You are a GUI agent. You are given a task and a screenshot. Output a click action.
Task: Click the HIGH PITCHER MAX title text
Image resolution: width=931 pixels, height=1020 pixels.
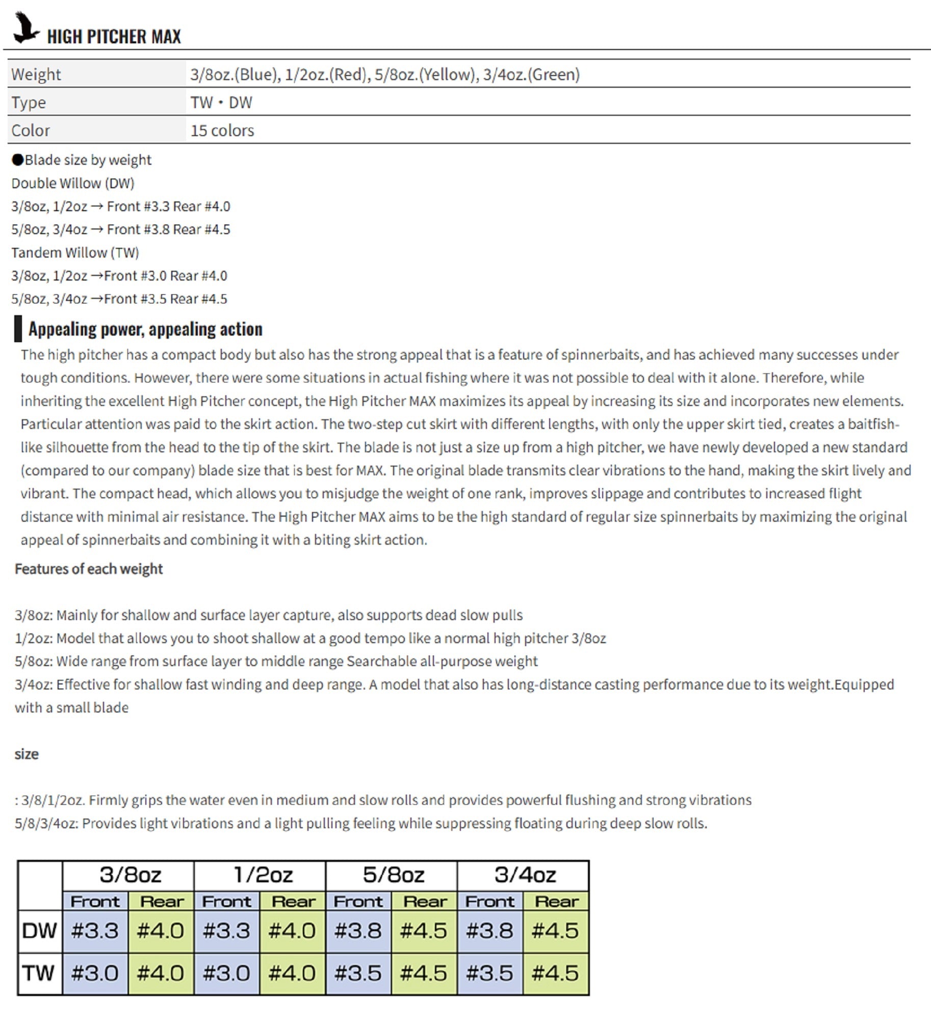tap(114, 37)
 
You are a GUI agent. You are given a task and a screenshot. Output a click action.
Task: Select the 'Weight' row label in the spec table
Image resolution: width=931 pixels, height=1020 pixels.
tap(36, 74)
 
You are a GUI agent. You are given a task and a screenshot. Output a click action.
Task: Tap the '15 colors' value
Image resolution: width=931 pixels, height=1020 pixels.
tap(222, 131)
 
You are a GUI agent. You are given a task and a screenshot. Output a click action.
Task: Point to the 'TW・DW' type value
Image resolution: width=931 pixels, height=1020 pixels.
tap(221, 103)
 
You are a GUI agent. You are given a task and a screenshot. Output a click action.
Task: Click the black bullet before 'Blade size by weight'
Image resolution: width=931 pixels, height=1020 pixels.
tap(18, 160)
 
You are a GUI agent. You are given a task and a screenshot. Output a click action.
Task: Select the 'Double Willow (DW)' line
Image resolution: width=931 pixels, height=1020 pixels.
tap(73, 183)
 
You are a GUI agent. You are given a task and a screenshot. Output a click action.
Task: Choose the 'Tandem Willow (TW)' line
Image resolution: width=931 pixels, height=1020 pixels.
tap(75, 252)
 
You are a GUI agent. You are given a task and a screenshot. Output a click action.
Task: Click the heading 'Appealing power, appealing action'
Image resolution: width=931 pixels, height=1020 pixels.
tap(145, 329)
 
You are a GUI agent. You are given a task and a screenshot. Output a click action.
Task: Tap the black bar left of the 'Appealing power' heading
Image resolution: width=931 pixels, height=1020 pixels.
tap(18, 328)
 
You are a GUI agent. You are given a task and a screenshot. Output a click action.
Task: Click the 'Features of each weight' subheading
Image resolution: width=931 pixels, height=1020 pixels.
tap(89, 569)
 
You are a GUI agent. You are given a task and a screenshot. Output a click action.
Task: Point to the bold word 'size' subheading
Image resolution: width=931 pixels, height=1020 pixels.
tap(27, 754)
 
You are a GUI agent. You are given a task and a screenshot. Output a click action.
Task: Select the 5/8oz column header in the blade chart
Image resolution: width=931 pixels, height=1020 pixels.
tap(393, 875)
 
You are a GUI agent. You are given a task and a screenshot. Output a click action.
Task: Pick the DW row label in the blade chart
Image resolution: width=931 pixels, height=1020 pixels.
tap(39, 931)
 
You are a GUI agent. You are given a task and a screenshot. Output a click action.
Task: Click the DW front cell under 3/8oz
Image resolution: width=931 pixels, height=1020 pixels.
tap(95, 931)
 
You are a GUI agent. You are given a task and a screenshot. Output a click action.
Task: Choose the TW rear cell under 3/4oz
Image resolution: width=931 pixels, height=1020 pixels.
tap(555, 973)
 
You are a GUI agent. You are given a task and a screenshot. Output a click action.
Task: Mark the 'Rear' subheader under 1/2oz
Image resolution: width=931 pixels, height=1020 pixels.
tap(293, 902)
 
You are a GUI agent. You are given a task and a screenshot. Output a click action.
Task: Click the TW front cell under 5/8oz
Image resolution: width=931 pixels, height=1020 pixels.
tap(358, 973)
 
